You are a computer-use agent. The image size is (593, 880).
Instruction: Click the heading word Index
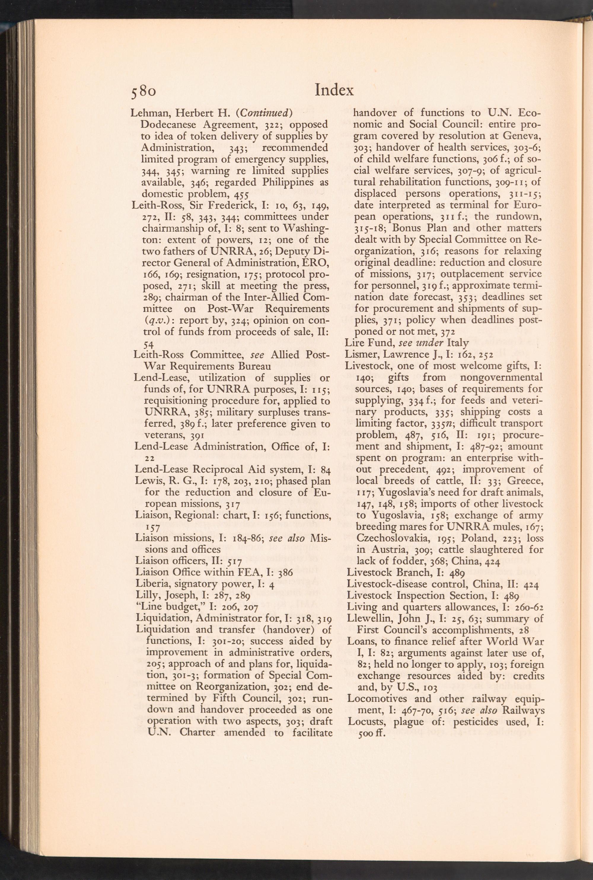point(334,90)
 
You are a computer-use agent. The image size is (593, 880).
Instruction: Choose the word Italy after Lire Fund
point(458,343)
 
